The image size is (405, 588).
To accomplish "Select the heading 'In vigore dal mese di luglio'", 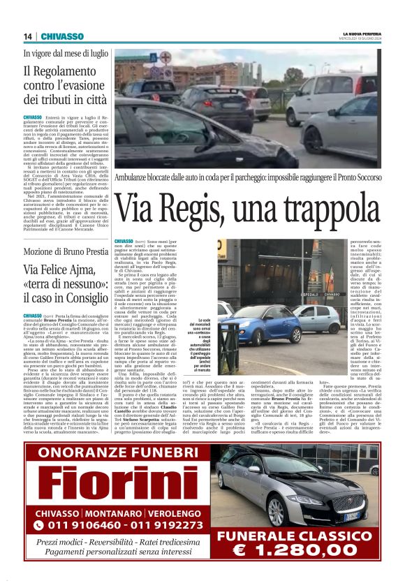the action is (66, 53).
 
